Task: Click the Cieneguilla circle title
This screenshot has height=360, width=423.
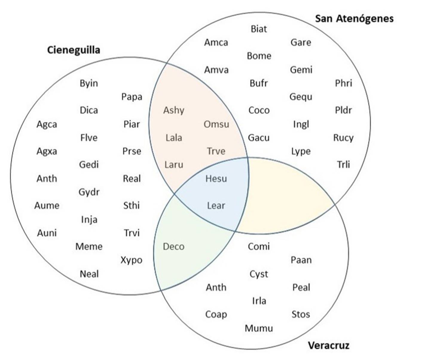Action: (74, 50)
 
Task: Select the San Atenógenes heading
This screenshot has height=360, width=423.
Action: (354, 19)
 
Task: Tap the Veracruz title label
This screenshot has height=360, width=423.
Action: (329, 345)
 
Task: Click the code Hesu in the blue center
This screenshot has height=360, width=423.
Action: (216, 179)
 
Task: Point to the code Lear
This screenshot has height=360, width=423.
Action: (216, 206)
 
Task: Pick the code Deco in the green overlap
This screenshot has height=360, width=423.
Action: (174, 246)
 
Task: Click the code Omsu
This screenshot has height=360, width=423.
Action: (216, 124)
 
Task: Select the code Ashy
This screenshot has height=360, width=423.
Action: (174, 110)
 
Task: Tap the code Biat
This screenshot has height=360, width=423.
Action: (259, 29)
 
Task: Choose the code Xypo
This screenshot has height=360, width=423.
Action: (132, 260)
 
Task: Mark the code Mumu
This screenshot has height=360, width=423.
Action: (259, 328)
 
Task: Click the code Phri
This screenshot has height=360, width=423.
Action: (343, 83)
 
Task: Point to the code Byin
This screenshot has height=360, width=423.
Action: (89, 83)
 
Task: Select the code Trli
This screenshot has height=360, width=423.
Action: (343, 164)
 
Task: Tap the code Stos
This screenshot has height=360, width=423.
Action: (301, 314)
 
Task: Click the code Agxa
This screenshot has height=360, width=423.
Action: (47, 151)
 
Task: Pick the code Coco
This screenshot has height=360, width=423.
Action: (259, 110)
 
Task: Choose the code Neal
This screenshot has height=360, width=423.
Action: (89, 274)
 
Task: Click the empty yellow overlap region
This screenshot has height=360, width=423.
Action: (284, 198)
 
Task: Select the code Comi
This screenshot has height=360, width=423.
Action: (259, 246)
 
